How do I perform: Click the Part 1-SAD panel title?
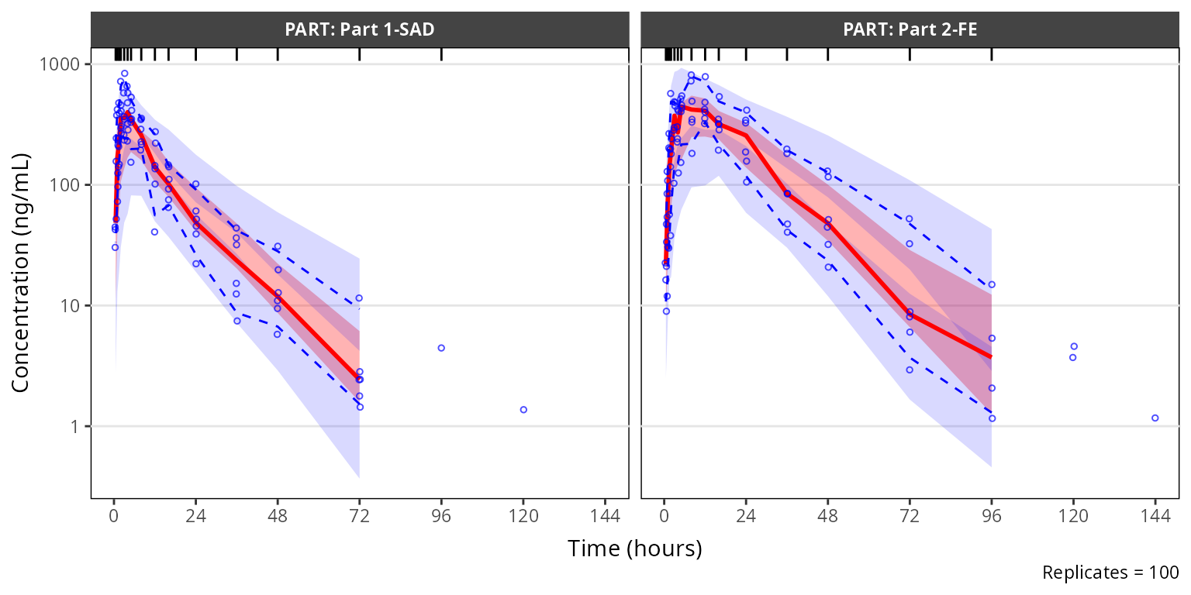359,30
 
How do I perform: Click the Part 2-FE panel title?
910,30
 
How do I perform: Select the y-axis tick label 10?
73,306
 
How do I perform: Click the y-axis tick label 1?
77,427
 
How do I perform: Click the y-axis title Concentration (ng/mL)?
22,273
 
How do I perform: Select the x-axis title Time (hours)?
634,549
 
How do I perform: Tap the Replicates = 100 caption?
1110,573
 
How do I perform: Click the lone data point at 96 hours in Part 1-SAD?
441,348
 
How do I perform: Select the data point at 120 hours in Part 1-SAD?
523,410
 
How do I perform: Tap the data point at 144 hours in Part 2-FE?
1155,418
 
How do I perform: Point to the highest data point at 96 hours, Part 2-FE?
992,284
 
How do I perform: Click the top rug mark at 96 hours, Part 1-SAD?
441,54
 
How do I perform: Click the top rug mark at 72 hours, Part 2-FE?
910,54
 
